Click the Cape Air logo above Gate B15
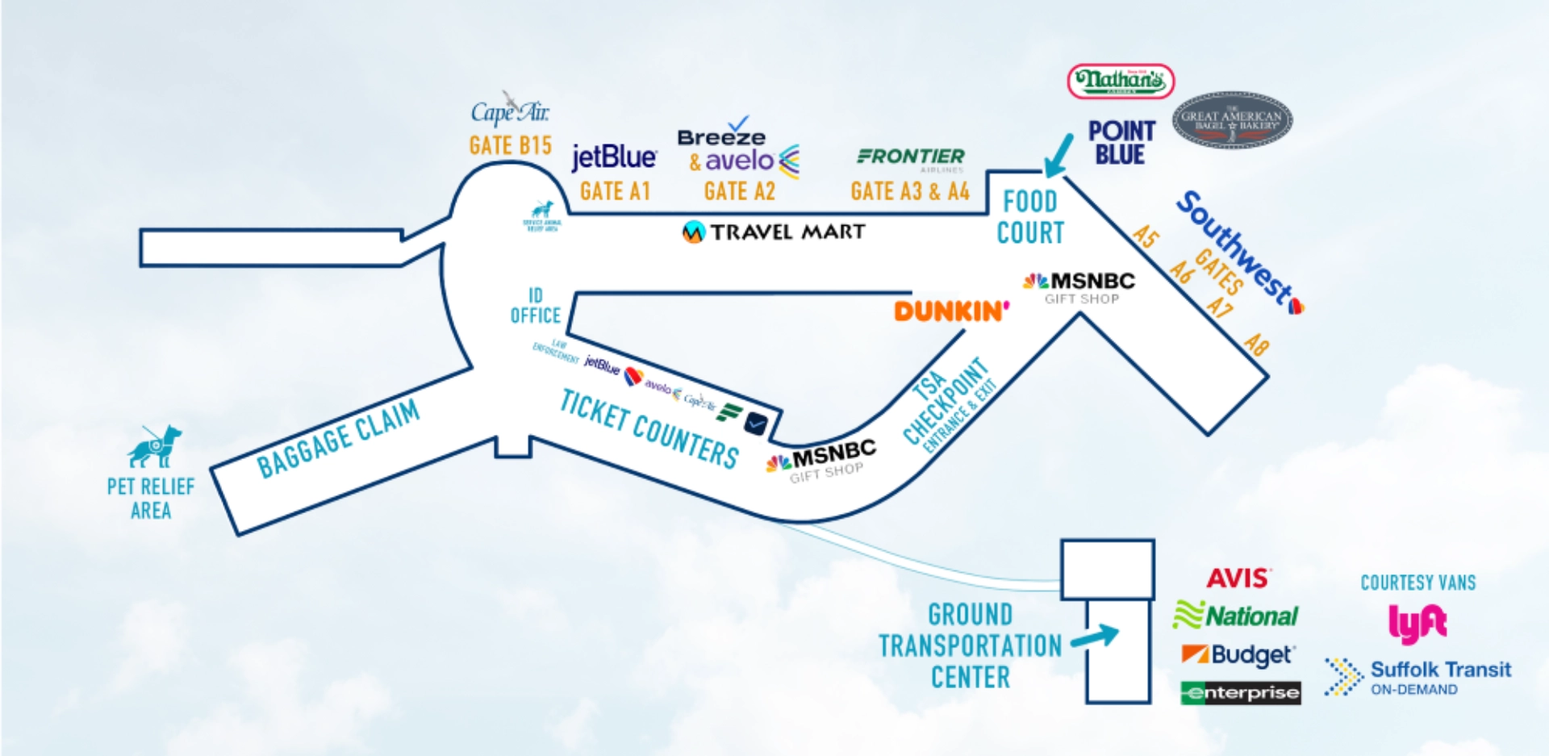click(x=510, y=110)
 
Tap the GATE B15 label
click(x=510, y=146)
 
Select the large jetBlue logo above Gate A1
click(x=614, y=157)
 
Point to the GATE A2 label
click(x=739, y=191)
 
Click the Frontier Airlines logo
click(x=911, y=157)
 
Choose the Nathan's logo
click(x=1121, y=81)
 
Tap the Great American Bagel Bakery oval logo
click(x=1232, y=120)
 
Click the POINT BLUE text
click(x=1121, y=143)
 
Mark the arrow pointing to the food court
click(x=1058, y=155)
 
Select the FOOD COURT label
click(x=1030, y=217)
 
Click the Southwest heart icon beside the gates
click(x=1296, y=307)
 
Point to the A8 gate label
click(x=1256, y=345)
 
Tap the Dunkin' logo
click(x=951, y=311)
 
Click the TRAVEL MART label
click(x=774, y=232)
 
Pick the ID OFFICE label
click(x=535, y=306)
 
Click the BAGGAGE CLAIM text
click(x=338, y=439)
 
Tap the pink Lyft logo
click(x=1417, y=623)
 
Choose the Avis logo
click(x=1238, y=578)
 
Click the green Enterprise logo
click(x=1240, y=692)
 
